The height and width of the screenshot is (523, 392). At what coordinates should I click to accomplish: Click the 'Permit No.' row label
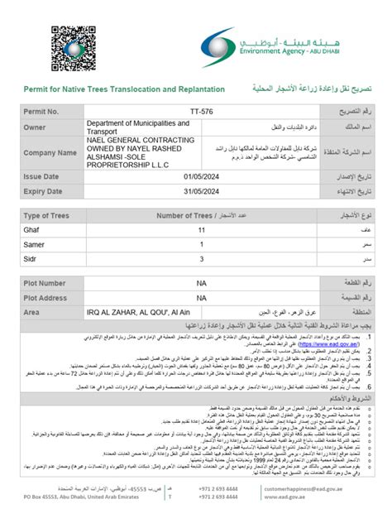(x=42, y=111)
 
